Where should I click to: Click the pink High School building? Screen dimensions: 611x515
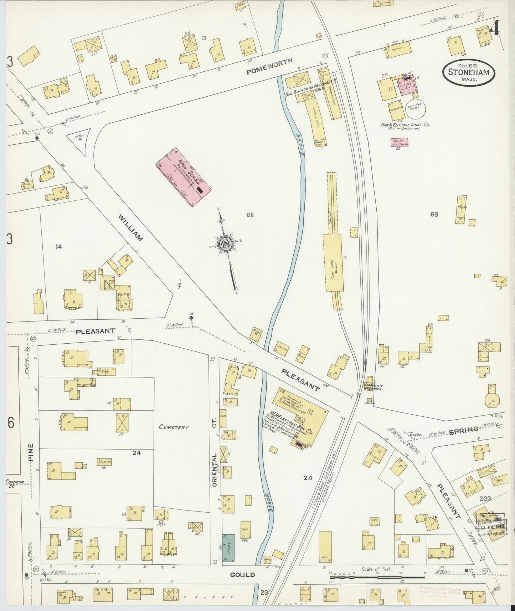(183, 177)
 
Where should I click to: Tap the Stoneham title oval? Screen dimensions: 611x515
(469, 72)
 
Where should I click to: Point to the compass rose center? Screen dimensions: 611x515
(226, 244)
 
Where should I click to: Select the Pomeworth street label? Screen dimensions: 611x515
(269, 67)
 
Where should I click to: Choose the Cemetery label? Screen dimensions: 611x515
(174, 427)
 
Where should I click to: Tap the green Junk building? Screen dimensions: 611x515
(228, 548)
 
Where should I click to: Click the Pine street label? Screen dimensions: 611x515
(31, 453)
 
